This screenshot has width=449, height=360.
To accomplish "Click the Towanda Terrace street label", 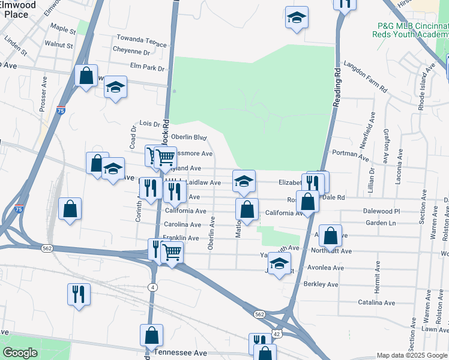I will (x=142, y=40).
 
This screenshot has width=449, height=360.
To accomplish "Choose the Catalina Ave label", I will (x=376, y=303).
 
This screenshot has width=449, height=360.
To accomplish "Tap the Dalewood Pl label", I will (x=381, y=211).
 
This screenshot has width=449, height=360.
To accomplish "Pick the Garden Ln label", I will (x=381, y=223).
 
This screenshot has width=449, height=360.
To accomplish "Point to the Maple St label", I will (x=64, y=28).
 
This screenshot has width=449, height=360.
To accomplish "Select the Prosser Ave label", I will (x=43, y=94).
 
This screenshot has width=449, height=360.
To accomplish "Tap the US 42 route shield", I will (x=277, y=333).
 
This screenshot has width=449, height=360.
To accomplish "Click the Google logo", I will (x=19, y=353).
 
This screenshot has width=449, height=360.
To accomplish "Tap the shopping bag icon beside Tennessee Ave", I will (x=152, y=335).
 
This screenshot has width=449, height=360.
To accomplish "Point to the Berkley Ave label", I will (x=321, y=284).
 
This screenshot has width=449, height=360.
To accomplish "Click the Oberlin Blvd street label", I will (x=188, y=137).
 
